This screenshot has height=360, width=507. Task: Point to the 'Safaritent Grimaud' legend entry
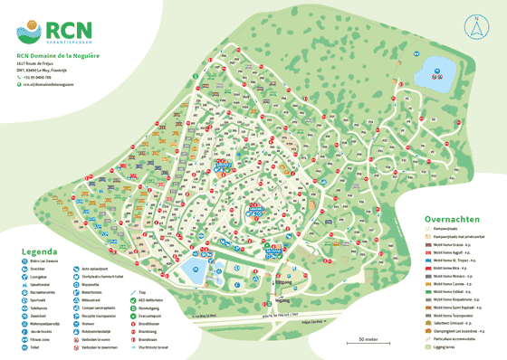(x=459, y=321)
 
